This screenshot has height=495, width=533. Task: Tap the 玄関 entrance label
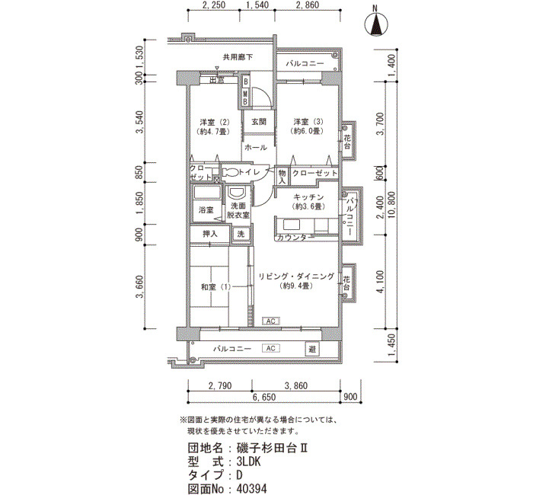click(x=259, y=121)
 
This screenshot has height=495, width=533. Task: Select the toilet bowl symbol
click(x=231, y=172)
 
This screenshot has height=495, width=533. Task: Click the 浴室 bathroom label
click(x=206, y=209)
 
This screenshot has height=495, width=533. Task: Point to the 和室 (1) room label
click(x=215, y=287)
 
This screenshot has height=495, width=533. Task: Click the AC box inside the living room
click(x=271, y=321)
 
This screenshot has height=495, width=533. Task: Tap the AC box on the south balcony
click(x=271, y=349)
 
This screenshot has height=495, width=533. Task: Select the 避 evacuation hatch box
click(x=312, y=349)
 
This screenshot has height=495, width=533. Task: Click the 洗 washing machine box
click(x=241, y=235)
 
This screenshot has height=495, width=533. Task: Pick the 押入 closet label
click(x=209, y=235)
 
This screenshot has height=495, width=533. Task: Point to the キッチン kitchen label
click(x=308, y=196)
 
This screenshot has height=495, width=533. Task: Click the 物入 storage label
click(x=282, y=177)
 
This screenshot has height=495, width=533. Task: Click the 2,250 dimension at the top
click(x=214, y=5)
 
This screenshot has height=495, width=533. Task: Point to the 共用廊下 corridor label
click(x=238, y=57)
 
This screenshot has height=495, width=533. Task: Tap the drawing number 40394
click(x=251, y=489)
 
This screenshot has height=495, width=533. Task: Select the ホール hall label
click(x=256, y=148)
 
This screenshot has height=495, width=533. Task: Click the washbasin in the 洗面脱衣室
click(x=237, y=193)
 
